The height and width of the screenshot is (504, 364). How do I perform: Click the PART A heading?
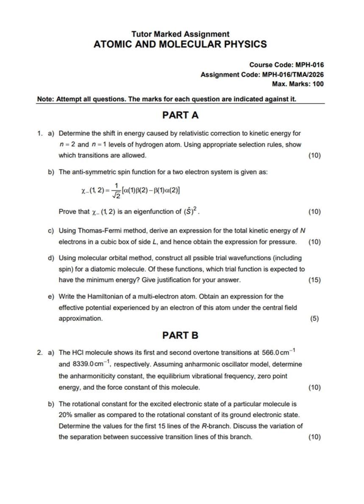180,115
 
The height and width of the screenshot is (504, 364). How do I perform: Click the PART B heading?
180,336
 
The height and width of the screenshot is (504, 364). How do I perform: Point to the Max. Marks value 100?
317,84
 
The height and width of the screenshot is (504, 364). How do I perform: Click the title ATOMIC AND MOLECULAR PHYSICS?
180,44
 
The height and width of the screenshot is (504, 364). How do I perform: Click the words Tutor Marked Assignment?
180,34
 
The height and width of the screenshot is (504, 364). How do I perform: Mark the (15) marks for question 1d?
314,280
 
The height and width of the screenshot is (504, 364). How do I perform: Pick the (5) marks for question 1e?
314,319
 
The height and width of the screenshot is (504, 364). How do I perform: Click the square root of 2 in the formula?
115,195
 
